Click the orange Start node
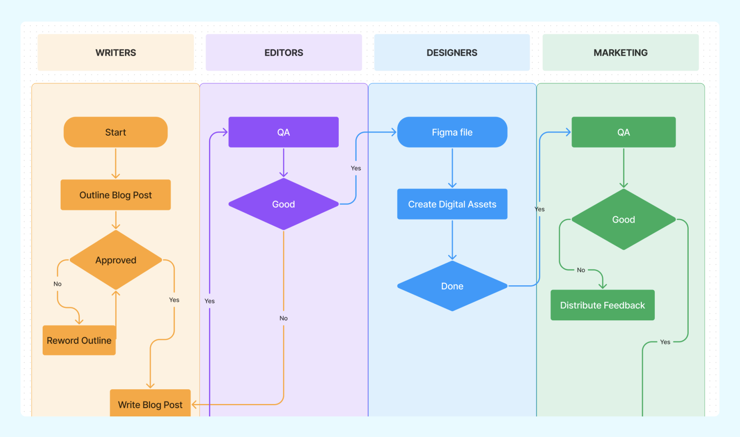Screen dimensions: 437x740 pyautogui.click(x=116, y=132)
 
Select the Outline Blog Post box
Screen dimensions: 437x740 pyautogui.click(x=116, y=195)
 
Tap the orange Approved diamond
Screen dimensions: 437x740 pyautogui.click(x=116, y=260)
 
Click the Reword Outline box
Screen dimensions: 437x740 pyautogui.click(x=79, y=340)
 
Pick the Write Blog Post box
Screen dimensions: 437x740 pyautogui.click(x=150, y=404)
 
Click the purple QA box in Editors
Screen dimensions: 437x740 pyautogui.click(x=283, y=132)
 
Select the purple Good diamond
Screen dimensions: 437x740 pyautogui.click(x=283, y=204)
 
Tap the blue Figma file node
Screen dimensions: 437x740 pyautogui.click(x=452, y=132)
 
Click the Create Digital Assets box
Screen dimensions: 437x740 pyautogui.click(x=452, y=204)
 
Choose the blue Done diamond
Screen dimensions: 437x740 pyautogui.click(x=452, y=286)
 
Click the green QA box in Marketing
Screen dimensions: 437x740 pyautogui.click(x=623, y=132)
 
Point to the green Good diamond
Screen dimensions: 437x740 pyautogui.click(x=623, y=220)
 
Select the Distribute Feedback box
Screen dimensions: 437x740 pyautogui.click(x=602, y=305)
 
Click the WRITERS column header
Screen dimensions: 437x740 pyautogui.click(x=116, y=52)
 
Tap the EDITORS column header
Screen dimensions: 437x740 pyautogui.click(x=284, y=52)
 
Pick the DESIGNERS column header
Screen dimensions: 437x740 pyautogui.click(x=452, y=52)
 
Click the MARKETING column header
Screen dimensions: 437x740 pyautogui.click(x=620, y=52)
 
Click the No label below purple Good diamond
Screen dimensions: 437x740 pyautogui.click(x=284, y=318)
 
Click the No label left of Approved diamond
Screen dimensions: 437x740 pyautogui.click(x=58, y=284)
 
